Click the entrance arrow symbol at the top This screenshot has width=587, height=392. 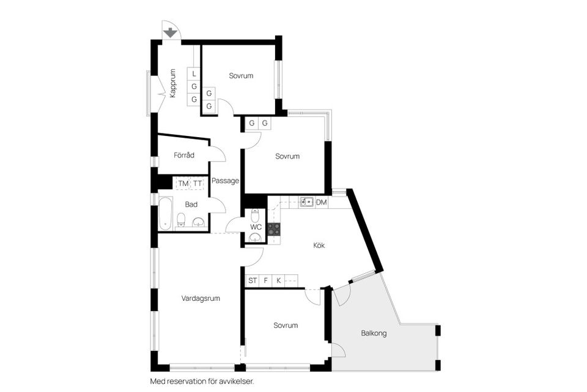[x=171, y=31]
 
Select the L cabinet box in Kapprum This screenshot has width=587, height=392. [x=194, y=73]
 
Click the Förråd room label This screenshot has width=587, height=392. [x=184, y=156]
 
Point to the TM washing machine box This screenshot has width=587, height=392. [x=183, y=184]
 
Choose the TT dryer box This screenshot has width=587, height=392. [x=198, y=184]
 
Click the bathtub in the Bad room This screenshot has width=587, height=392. [x=165, y=213]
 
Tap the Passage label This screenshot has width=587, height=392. [x=225, y=181]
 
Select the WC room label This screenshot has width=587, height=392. [x=256, y=227]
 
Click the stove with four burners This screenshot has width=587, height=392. [x=274, y=229]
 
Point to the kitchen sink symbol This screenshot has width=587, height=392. [x=307, y=202]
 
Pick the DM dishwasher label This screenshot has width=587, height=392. [x=322, y=202]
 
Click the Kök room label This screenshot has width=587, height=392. [x=319, y=245]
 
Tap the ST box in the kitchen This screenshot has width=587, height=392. [x=253, y=281]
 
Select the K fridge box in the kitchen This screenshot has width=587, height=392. [x=279, y=281]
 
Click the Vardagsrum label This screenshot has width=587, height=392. [x=201, y=298]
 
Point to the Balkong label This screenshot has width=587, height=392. [x=374, y=333]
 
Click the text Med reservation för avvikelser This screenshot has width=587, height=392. [x=202, y=381]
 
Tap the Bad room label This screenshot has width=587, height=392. [x=191, y=205]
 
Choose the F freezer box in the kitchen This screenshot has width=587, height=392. [x=266, y=281]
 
